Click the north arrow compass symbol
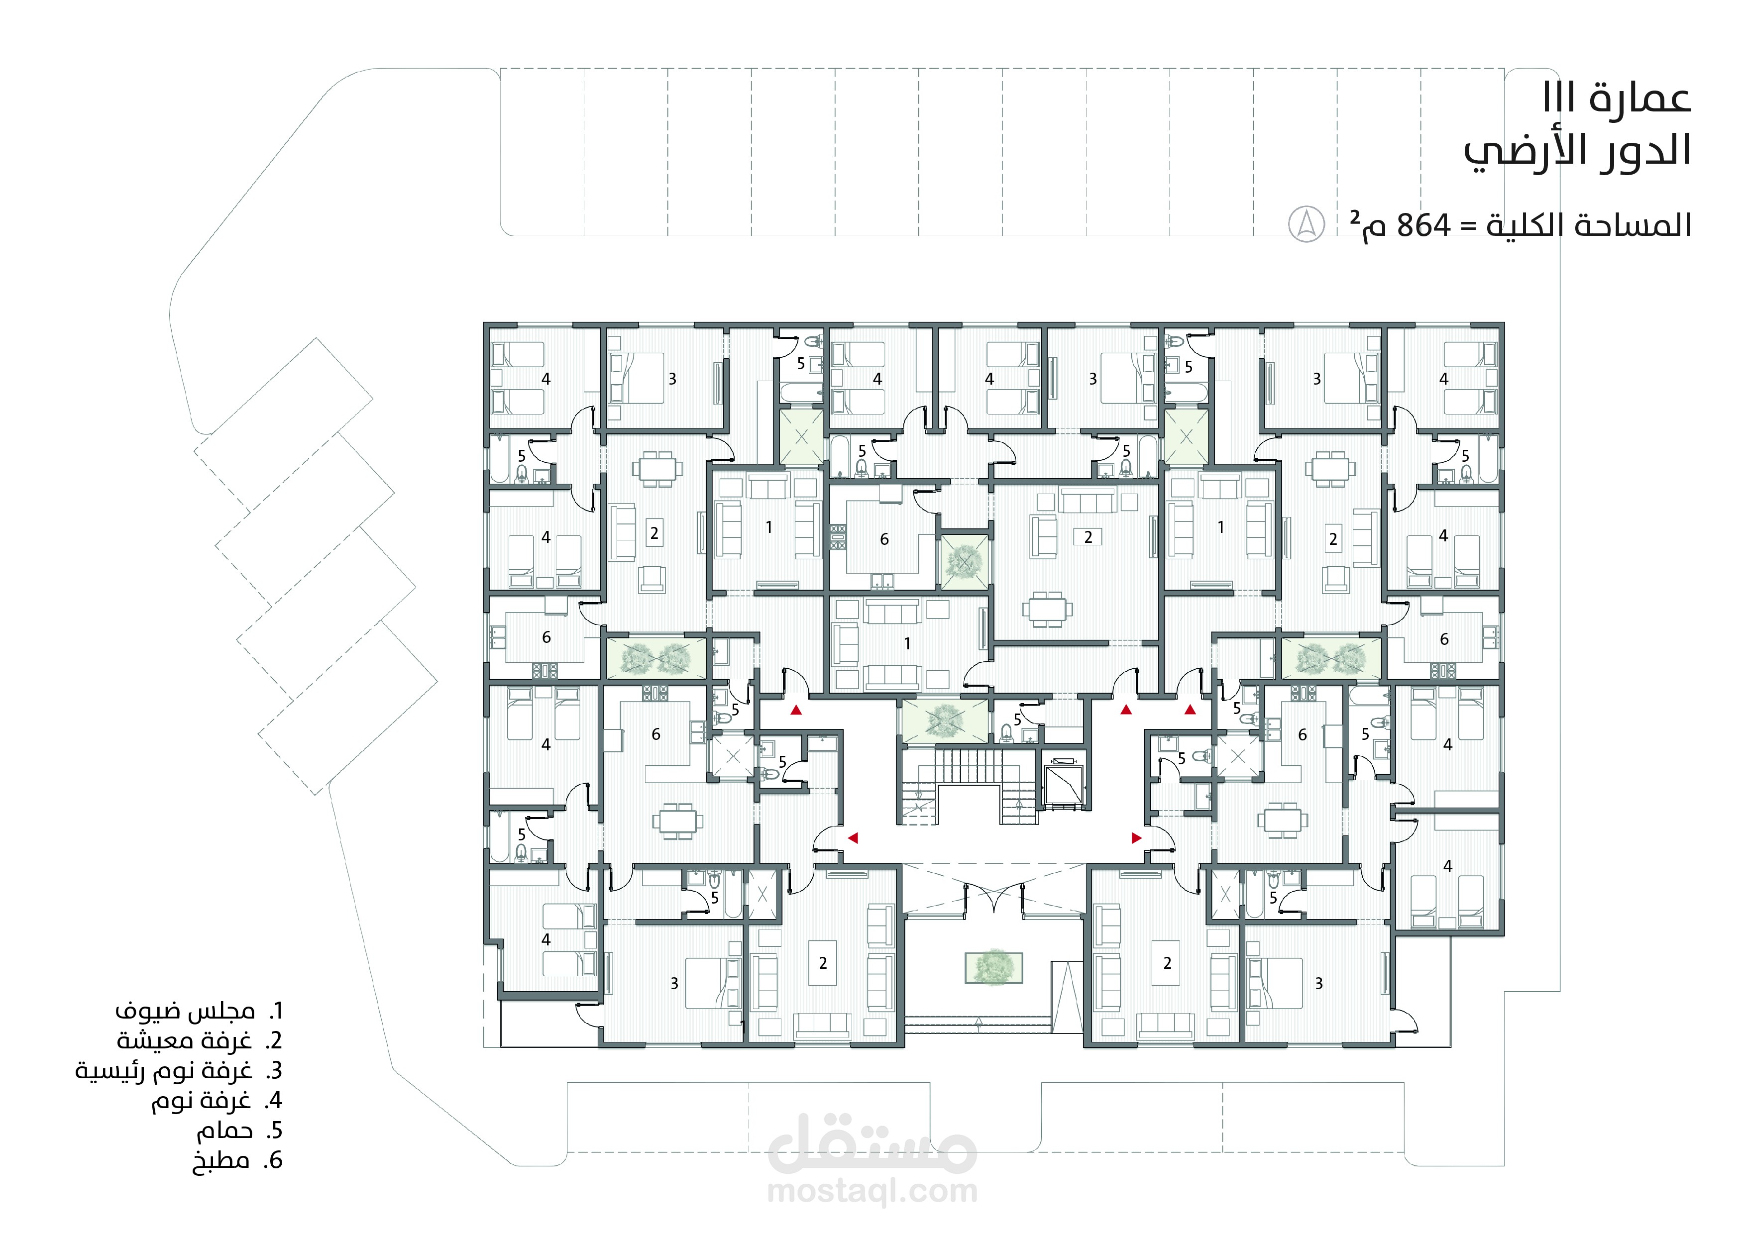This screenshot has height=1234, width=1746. click(1307, 224)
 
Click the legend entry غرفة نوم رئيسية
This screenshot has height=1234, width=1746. click(163, 1070)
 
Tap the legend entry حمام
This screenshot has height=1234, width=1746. click(224, 1131)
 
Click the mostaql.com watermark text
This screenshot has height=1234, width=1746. click(872, 1191)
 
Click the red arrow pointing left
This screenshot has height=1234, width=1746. click(853, 838)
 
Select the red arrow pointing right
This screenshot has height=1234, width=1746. click(1137, 838)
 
